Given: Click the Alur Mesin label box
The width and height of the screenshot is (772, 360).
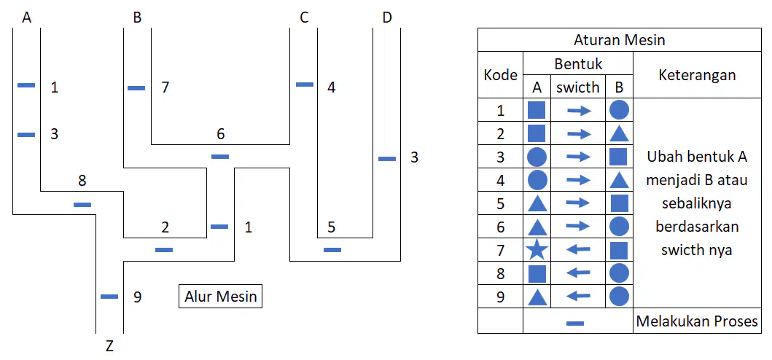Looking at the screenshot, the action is [221, 297].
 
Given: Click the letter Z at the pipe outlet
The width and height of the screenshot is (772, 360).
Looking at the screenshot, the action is [109, 346].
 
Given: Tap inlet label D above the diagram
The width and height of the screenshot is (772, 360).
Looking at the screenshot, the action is [387, 18].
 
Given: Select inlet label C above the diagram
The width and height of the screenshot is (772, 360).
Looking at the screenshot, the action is [304, 18].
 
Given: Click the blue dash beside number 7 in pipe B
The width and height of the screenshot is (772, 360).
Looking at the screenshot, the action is [136, 88].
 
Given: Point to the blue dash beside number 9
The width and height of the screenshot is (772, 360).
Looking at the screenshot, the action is [109, 297].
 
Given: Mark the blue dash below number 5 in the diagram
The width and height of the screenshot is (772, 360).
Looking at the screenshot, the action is [332, 250].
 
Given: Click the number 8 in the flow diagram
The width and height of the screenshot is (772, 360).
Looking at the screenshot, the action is [82, 181].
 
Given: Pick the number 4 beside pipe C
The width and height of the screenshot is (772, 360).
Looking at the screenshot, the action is [332, 88].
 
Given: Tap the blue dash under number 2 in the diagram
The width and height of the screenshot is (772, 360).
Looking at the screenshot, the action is [164, 250].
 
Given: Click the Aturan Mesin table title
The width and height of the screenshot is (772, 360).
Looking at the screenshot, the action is [620, 40].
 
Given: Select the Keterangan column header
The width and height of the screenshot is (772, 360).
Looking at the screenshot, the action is [697, 75].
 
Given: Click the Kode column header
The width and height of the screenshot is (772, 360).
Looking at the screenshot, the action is [500, 75].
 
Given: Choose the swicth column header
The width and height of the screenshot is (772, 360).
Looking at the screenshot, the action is [578, 87].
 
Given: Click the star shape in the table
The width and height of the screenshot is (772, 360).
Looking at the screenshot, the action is [537, 250].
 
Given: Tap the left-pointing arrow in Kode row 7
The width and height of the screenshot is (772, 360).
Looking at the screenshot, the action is [578, 250].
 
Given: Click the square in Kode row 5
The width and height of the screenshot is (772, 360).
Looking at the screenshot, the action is [619, 203].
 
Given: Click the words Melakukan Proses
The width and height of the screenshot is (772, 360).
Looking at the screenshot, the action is [697, 321].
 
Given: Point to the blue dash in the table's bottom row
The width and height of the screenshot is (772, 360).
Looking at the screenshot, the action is [575, 323].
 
